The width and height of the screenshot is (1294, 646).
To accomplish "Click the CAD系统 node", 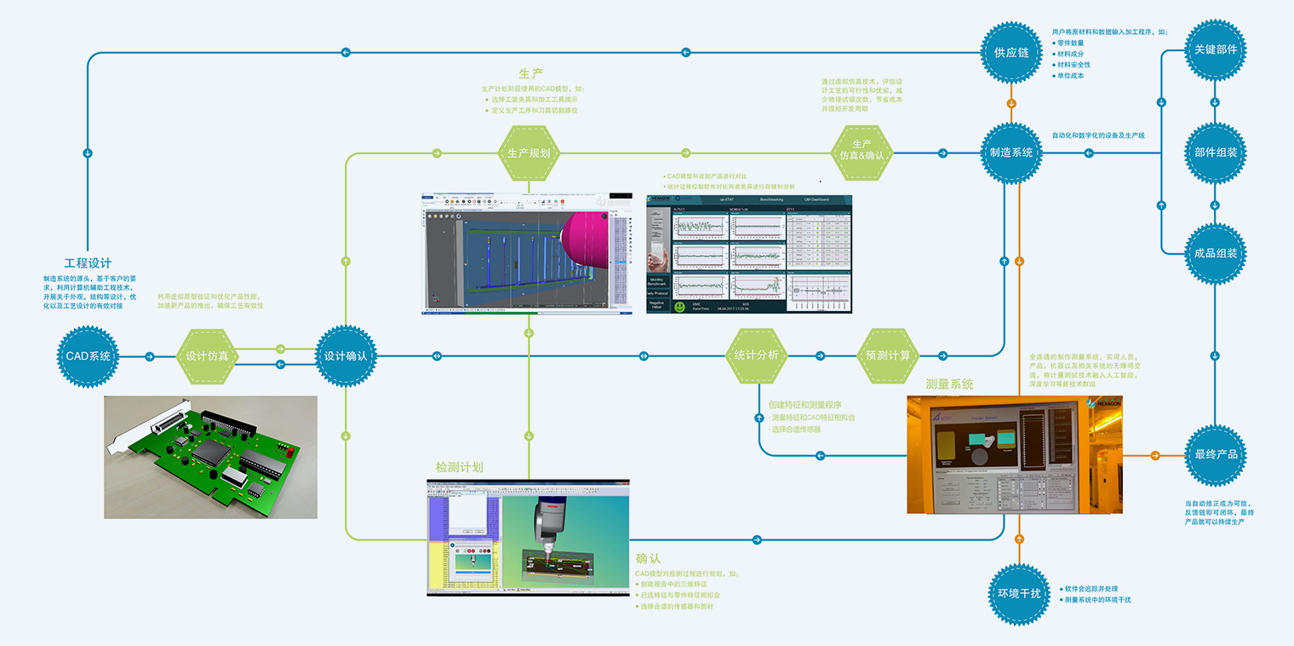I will click(x=89, y=356).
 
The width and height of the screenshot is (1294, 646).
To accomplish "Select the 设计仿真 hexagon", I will click(x=207, y=356).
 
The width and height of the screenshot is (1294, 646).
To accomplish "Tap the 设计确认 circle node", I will click(x=346, y=356).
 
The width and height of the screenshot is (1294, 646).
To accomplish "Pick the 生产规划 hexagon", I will click(x=529, y=153).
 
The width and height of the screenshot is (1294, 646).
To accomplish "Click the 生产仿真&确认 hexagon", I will click(x=862, y=153).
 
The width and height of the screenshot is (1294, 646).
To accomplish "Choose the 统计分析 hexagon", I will click(x=757, y=356).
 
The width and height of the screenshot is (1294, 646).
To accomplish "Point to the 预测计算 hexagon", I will click(x=888, y=356).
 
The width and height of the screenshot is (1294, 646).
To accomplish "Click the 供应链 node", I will click(x=1011, y=52).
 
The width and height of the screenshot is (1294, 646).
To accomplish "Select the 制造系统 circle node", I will click(x=1011, y=153).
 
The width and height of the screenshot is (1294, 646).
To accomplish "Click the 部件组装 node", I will click(x=1216, y=153).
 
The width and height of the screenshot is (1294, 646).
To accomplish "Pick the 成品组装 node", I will click(x=1216, y=254).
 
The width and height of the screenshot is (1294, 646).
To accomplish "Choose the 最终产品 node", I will click(x=1216, y=455).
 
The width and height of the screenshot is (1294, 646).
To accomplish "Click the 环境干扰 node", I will click(x=1018, y=594).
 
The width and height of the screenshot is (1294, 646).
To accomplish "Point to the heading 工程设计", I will click(x=88, y=263).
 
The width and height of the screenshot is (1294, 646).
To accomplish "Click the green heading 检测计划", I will click(x=459, y=467).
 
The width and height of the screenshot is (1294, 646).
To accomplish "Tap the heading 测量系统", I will click(x=949, y=384).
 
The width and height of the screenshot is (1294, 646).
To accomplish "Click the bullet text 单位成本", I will click(x=1071, y=76).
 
